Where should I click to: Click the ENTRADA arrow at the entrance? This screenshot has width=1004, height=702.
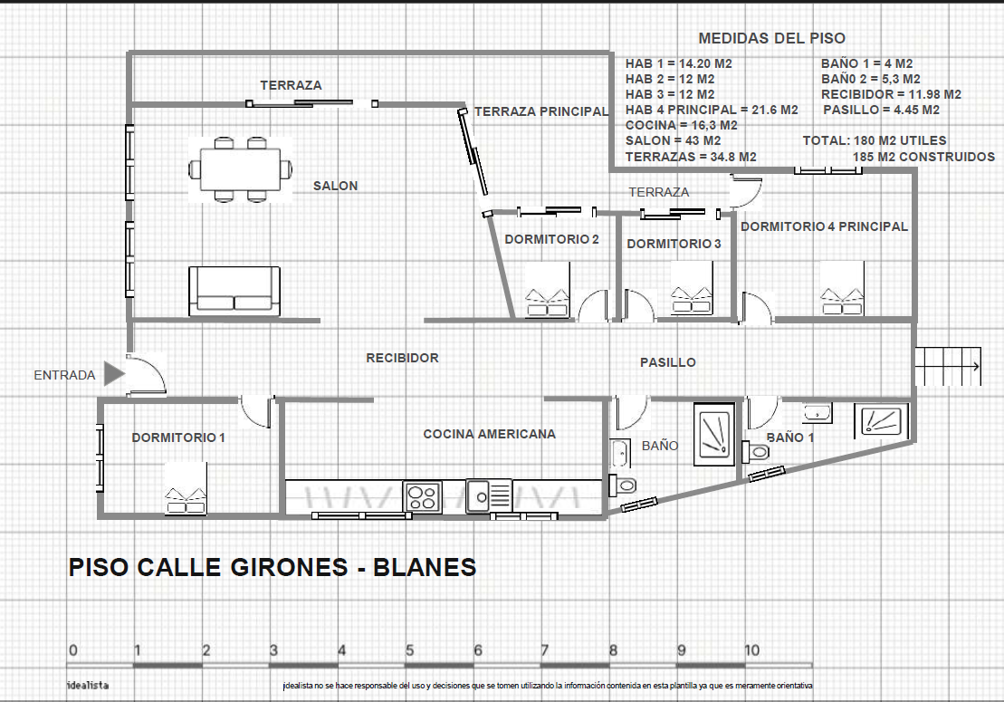114,373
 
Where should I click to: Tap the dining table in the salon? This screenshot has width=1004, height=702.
240,169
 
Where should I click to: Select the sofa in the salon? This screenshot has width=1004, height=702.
234,292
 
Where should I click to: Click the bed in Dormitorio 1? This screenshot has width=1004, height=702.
186,488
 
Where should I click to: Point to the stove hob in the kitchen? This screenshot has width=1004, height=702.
422,496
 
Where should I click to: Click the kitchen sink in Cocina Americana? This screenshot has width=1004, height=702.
489,495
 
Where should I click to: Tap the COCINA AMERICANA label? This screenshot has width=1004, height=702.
489,434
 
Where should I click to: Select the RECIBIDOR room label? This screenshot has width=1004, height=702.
402,358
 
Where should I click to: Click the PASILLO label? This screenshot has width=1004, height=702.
668,362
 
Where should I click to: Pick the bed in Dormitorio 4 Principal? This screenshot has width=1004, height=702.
843,288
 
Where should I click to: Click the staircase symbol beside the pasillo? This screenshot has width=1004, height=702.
948,366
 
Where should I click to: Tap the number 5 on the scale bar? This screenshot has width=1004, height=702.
410,650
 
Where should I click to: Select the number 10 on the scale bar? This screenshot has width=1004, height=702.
751,650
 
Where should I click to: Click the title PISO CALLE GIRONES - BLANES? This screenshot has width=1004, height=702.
273,568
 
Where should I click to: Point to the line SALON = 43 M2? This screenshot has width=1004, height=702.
673,141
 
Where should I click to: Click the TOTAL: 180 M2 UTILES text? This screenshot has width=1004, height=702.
875,141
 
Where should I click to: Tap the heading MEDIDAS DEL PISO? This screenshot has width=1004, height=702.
771,38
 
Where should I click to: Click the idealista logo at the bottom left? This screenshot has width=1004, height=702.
88,686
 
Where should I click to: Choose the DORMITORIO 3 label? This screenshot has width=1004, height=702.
674,244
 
